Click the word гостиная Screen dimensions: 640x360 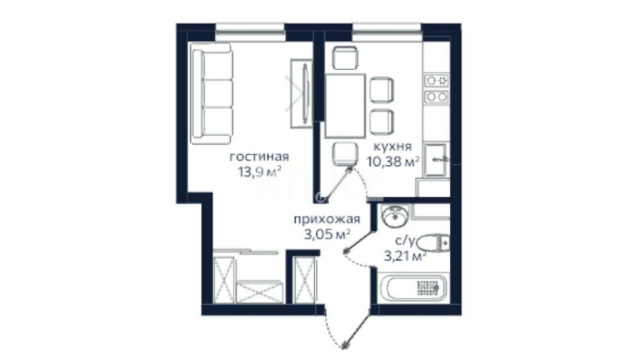pos(259,157)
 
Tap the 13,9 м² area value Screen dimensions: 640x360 pos(260,172)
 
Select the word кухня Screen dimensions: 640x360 pos(393,147)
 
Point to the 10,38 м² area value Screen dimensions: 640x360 pos(393,162)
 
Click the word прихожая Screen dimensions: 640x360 pos(327,220)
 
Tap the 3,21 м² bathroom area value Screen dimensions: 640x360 pos(405,256)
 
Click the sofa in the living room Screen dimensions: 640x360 pos(212,94)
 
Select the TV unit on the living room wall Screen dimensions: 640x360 pos(302,93)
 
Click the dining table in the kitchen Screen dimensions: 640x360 pos(345,106)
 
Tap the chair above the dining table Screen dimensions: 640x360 pos(345,58)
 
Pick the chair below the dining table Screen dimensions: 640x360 pos(345,154)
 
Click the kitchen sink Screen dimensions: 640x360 pos(436,159)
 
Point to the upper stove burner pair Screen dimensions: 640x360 pos(437,80)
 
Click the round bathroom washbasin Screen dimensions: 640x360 pos(395,215)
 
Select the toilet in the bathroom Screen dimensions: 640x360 pos(433,244)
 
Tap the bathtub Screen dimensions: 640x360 pos(413,288)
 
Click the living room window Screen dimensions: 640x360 pos(250,32)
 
